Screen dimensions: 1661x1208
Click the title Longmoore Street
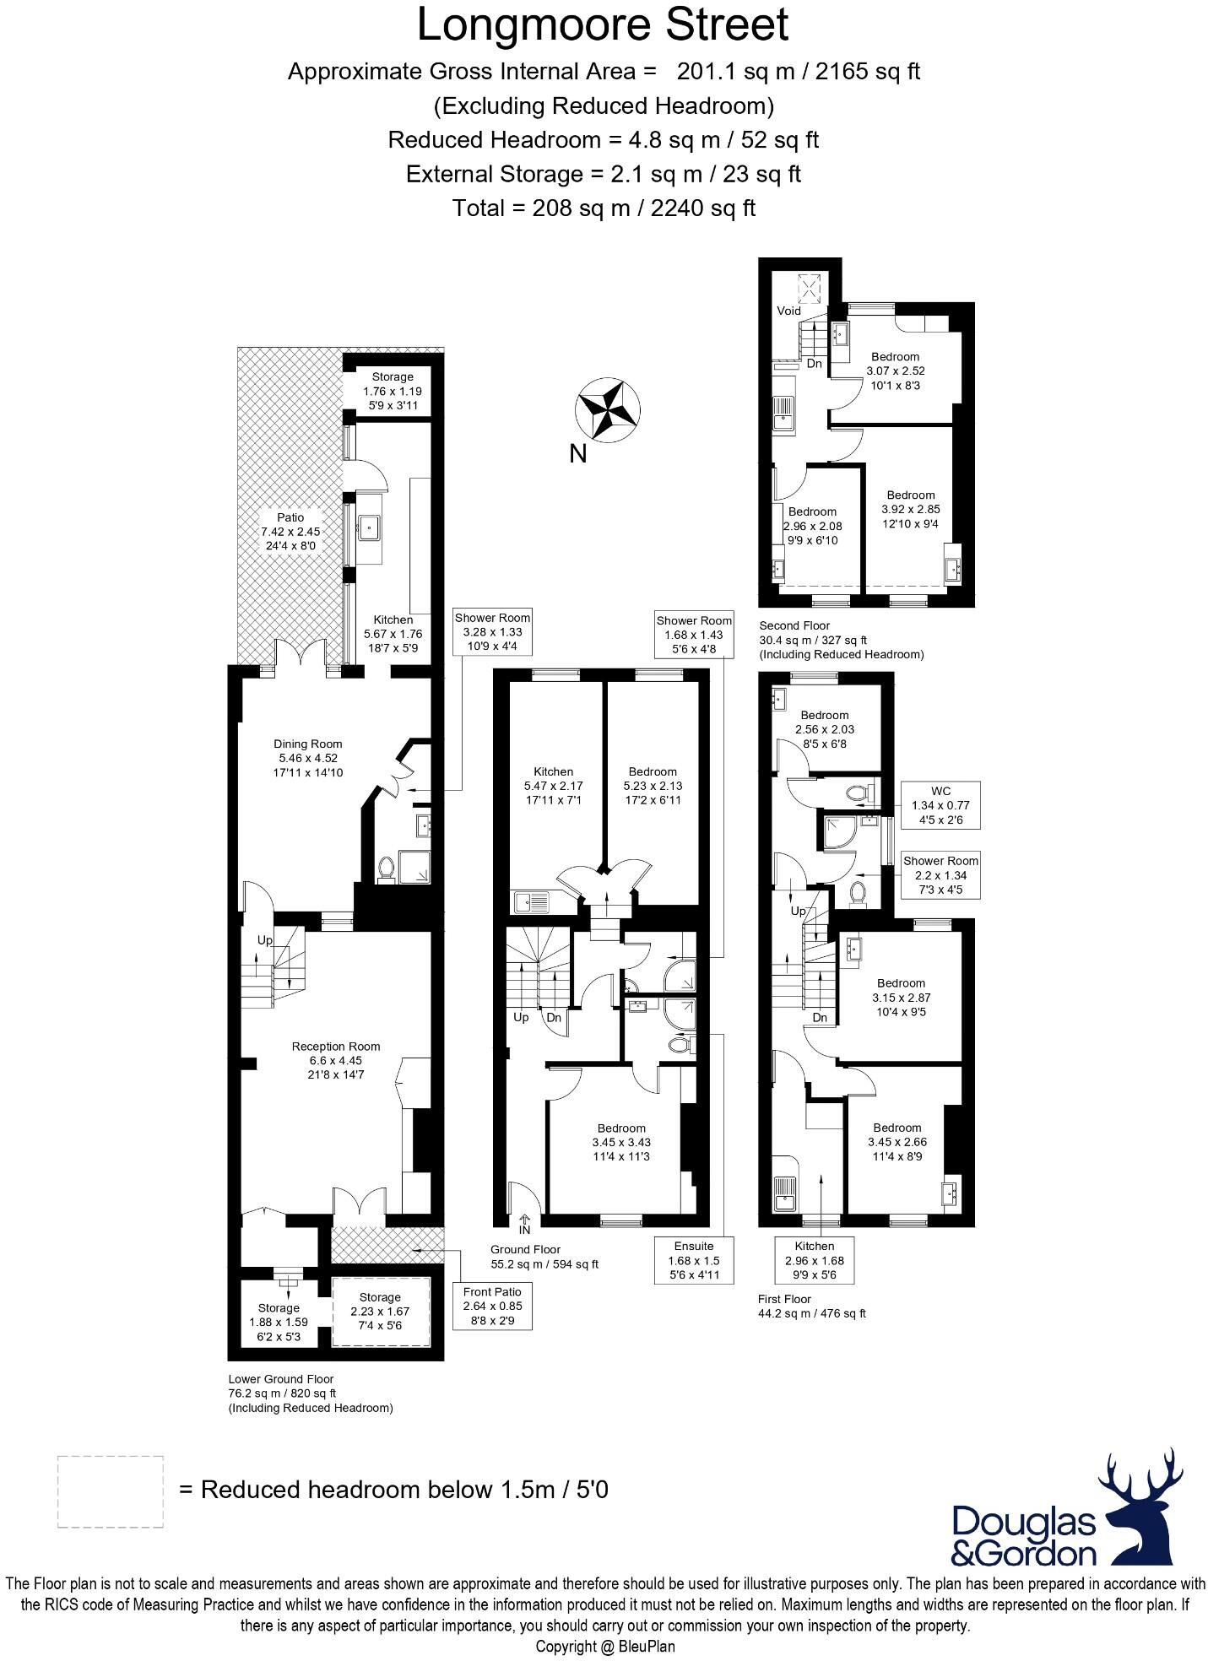pos(603,25)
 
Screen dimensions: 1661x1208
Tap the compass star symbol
pos(604,410)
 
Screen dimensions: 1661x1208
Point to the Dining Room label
pos(307,757)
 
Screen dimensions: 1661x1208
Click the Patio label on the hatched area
pos(290,531)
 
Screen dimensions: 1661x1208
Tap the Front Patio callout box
pos(492,1306)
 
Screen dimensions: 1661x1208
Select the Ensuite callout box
pos(693,1259)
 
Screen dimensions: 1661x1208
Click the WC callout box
pos(940,804)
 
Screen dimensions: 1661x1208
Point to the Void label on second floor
pos(788,311)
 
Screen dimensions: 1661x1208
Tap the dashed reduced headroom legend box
pos(111,1491)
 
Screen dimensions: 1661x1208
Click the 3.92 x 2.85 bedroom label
pos(910,509)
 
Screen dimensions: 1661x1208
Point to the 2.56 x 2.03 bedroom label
pos(824,729)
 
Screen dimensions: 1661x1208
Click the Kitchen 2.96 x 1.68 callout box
pos(814,1260)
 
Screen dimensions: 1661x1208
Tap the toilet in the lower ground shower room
pos(387,868)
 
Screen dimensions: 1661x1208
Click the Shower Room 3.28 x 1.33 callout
pos(492,631)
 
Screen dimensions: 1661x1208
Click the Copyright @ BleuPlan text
pos(604,1646)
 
